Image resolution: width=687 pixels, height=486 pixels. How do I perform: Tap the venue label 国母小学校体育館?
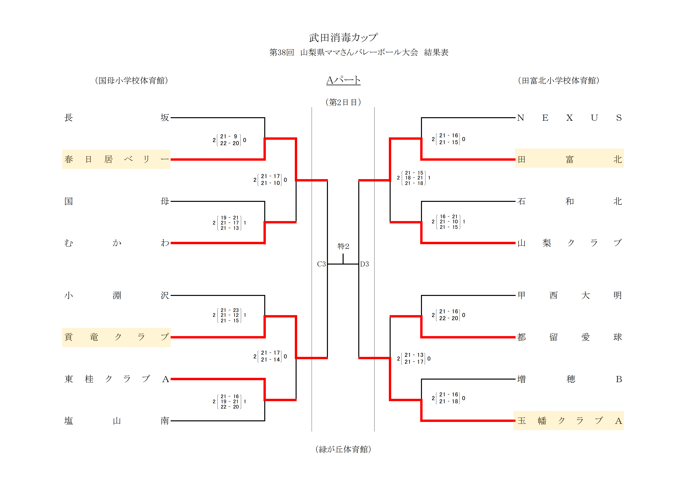click(x=131, y=81)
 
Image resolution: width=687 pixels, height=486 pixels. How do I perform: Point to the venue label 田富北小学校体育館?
click(x=558, y=81)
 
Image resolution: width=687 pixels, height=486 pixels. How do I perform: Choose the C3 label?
click(x=321, y=264)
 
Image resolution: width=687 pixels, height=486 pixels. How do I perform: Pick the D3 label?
click(x=364, y=264)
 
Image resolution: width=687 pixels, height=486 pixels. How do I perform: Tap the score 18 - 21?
click(x=414, y=178)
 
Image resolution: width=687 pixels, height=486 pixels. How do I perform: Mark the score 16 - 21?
click(x=449, y=216)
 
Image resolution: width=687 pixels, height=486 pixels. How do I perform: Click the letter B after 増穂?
click(x=619, y=379)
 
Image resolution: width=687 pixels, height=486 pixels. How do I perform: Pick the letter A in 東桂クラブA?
click(x=166, y=379)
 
